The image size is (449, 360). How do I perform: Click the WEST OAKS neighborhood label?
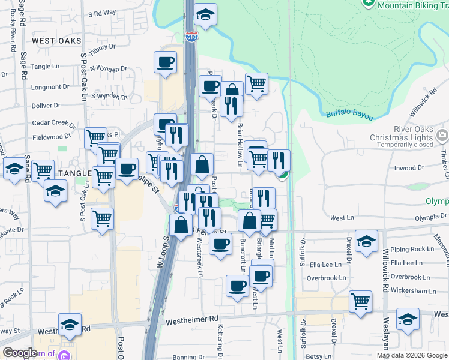click(x=56, y=41)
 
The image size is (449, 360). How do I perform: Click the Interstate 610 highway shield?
click(x=191, y=37)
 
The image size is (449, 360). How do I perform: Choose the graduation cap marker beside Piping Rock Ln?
click(x=366, y=242)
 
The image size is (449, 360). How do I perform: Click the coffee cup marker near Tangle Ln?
click(x=165, y=62)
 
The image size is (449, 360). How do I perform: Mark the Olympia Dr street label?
click(x=427, y=215)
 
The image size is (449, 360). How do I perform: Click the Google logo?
click(x=20, y=353)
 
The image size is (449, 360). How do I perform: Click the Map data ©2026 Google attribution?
click(x=412, y=355)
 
